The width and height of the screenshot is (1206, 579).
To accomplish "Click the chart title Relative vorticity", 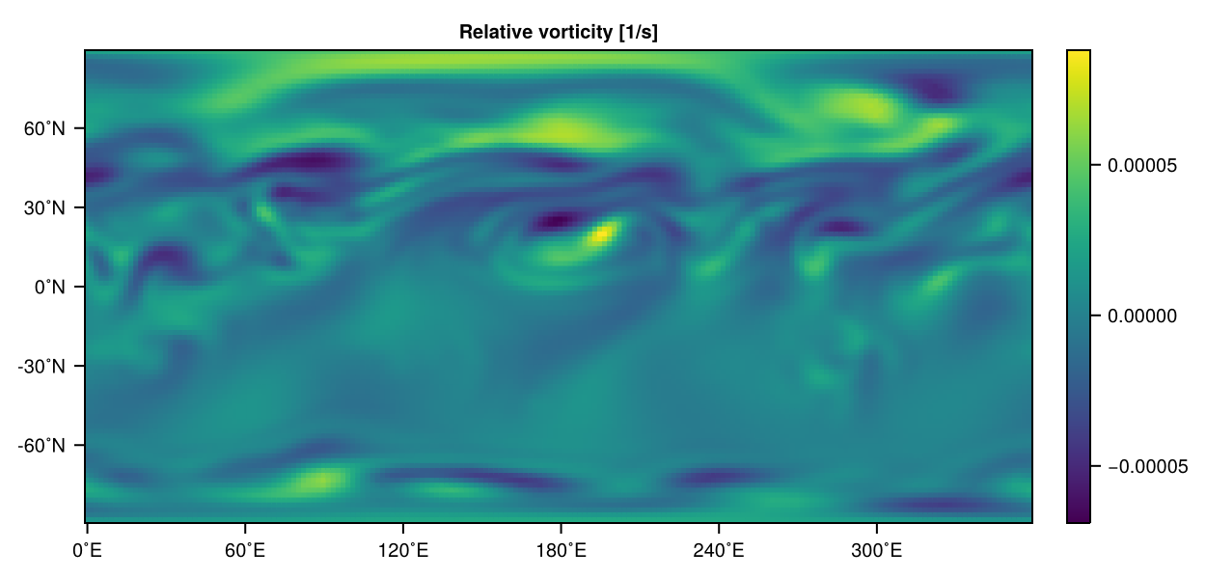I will pyautogui.click(x=558, y=33).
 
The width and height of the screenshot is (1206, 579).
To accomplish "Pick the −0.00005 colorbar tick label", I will pyautogui.click(x=1146, y=467).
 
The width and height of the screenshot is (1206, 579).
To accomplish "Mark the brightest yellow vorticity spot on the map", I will pyautogui.click(x=602, y=233).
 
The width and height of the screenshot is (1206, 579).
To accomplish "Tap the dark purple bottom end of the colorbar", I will pyautogui.click(x=1079, y=517).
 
